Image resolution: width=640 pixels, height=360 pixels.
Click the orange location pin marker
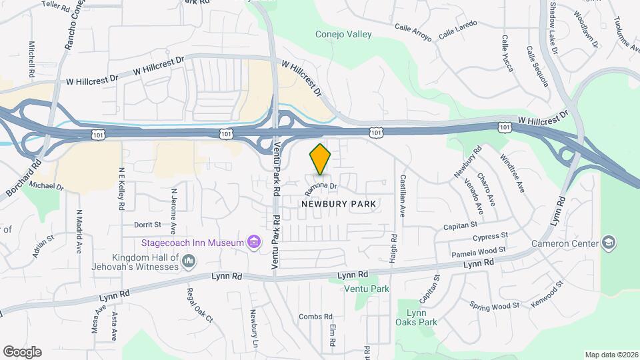click(321, 159)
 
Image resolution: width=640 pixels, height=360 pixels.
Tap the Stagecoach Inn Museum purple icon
click(253, 242)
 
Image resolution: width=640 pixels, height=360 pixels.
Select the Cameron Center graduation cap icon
click(608, 242)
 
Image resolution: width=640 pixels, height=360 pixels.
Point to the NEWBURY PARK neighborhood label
click(339, 203)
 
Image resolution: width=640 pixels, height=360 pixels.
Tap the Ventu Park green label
click(367, 289)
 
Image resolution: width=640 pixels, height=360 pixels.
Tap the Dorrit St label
click(148, 225)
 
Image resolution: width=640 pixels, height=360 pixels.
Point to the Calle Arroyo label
click(413, 32)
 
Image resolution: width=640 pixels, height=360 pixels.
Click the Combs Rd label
click(315, 317)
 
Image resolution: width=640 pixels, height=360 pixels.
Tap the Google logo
click(22, 351)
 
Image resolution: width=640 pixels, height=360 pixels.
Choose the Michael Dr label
click(47, 186)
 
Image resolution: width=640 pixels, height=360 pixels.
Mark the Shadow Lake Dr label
click(554, 27)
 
